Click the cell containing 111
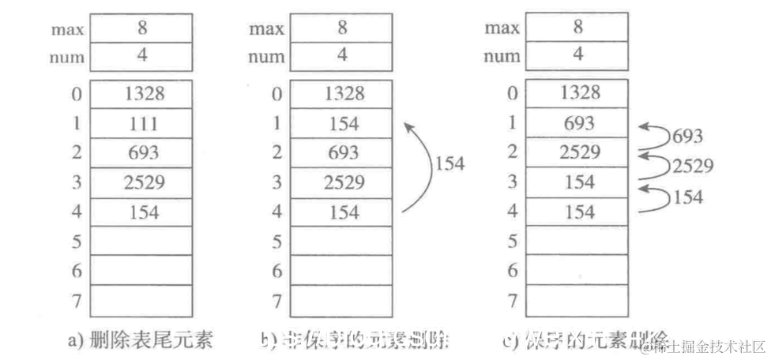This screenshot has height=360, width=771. (142, 124)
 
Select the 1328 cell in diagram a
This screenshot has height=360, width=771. (142, 94)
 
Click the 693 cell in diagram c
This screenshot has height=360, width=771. (578, 124)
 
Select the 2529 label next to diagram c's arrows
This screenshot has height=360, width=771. (692, 166)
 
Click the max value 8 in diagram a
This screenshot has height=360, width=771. (142, 27)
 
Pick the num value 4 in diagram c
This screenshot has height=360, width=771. (578, 55)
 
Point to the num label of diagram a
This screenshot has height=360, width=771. (67, 57)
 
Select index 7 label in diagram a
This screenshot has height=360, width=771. (77, 301)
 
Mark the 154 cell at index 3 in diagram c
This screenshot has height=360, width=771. (578, 182)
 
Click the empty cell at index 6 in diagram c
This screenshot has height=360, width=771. (578, 271)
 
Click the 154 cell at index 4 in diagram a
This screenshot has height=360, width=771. (142, 212)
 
